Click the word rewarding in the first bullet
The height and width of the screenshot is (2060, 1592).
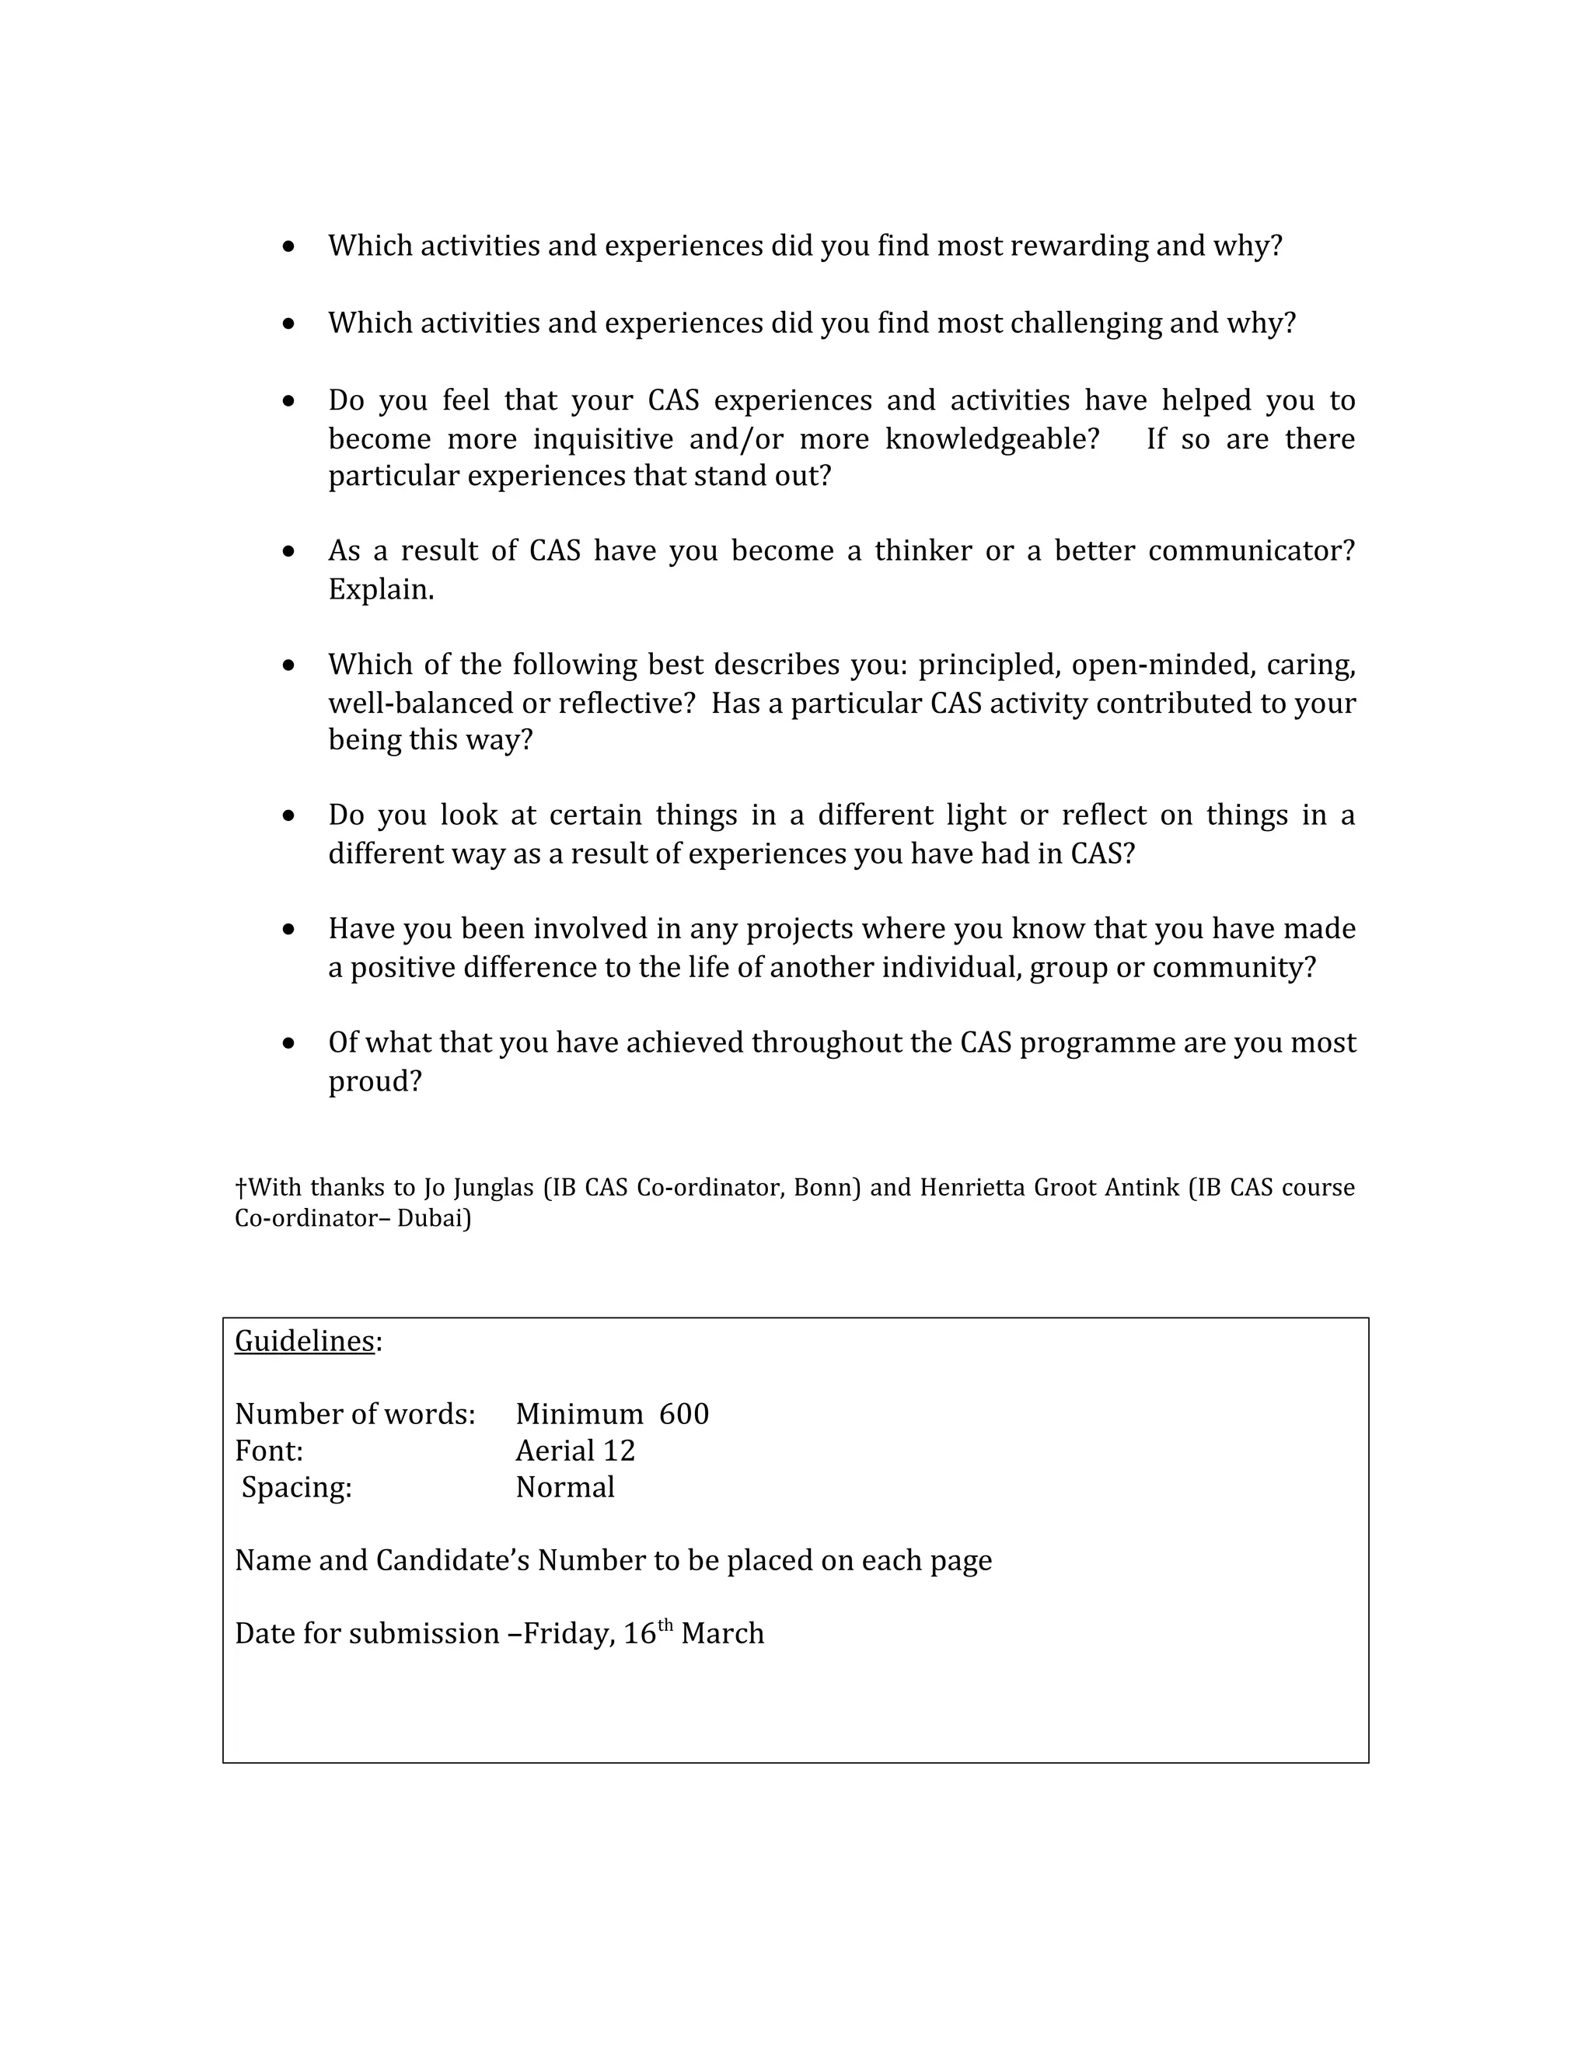coord(1079,246)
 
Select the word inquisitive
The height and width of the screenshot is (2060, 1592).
coord(603,439)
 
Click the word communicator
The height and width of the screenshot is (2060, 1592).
coord(1251,551)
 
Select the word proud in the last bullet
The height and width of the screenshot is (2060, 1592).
coord(375,1081)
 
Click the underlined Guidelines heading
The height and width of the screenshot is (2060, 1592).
coord(305,1340)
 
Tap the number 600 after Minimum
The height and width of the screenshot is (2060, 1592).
coord(684,1414)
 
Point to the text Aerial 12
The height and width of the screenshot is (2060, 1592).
coord(575,1451)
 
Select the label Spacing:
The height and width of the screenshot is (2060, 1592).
coord(296,1487)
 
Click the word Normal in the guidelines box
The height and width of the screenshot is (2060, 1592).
coord(565,1487)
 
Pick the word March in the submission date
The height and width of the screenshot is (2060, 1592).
coord(722,1634)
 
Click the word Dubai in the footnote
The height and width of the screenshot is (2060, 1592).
coord(433,1219)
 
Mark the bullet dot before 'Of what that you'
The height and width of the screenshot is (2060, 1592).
coord(288,1043)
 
